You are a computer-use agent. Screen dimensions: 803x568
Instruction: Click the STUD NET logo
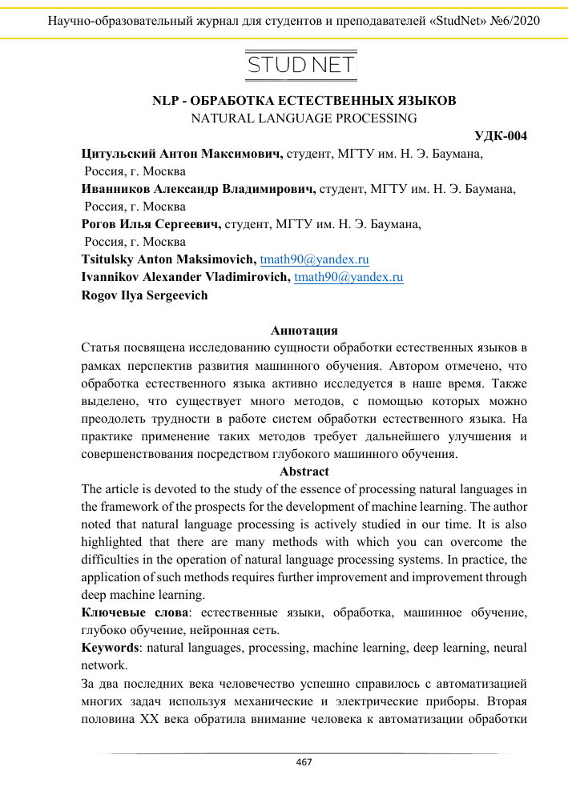[300, 65]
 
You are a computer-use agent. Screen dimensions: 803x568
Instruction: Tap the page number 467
[304, 762]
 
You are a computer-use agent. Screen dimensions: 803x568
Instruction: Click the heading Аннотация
[304, 331]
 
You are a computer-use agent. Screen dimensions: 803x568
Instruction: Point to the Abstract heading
[304, 471]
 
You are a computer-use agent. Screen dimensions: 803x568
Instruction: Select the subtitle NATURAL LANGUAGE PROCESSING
[304, 118]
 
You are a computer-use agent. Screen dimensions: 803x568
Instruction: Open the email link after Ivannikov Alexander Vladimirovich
[348, 277]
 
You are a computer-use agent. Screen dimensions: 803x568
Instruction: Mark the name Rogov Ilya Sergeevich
[144, 295]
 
